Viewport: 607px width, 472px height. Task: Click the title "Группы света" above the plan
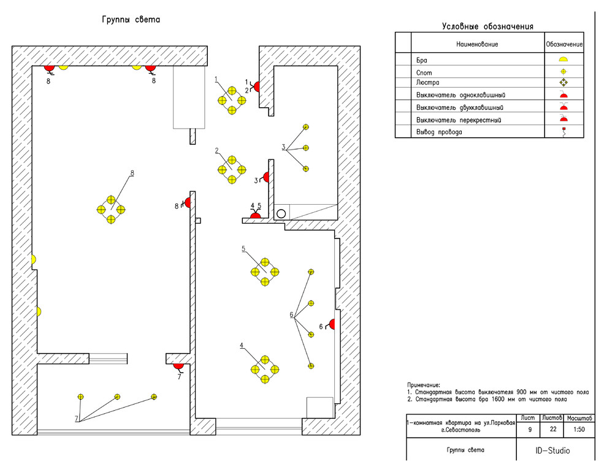[131, 20]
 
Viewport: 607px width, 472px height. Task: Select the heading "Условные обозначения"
[487, 26]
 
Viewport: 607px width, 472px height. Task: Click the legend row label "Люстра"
[427, 83]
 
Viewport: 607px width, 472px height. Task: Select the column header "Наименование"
[477, 44]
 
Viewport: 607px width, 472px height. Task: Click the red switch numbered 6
[332, 324]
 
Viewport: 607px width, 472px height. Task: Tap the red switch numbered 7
[178, 367]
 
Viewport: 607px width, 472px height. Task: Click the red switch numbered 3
[267, 178]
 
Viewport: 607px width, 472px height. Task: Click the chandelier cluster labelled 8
[111, 210]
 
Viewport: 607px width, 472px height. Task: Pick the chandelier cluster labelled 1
[232, 101]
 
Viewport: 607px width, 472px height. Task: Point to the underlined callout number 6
[292, 315]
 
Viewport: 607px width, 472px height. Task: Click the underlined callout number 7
[77, 419]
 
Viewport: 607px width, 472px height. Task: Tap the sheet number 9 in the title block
[530, 429]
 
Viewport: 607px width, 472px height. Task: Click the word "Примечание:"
[424, 384]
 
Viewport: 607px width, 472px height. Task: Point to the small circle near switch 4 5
[281, 214]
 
